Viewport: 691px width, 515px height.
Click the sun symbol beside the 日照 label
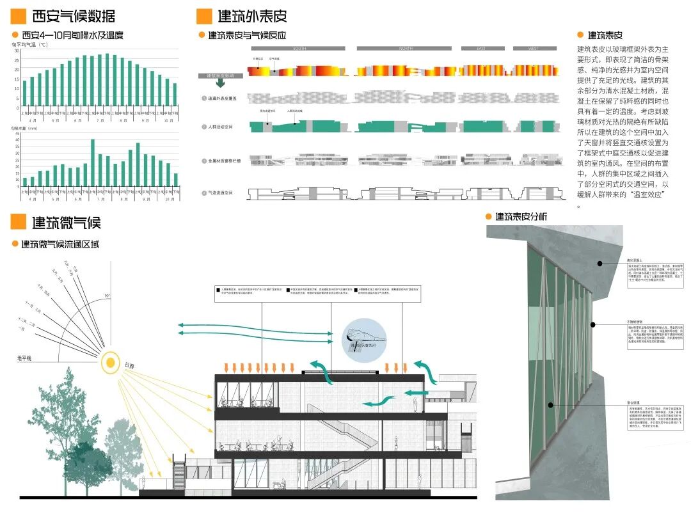[111, 363]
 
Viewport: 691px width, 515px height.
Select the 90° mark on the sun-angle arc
[107, 296]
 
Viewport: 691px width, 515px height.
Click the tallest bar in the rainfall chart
[93, 162]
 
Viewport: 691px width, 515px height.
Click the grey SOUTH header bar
[298, 48]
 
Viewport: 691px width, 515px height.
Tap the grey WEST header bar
[533, 48]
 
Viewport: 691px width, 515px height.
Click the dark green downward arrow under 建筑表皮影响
[220, 83]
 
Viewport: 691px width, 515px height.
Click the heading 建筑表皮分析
[522, 217]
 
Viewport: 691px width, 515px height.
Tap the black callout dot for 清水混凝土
[600, 264]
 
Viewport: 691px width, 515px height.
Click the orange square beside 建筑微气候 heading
[19, 222]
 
